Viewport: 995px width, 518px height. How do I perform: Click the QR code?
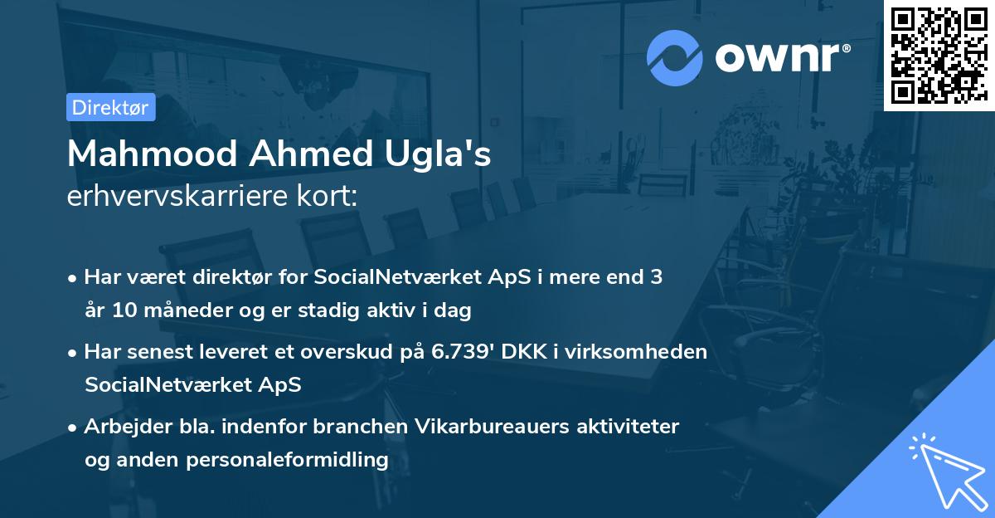coord(939,55)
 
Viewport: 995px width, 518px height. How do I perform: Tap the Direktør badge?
coord(110,107)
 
